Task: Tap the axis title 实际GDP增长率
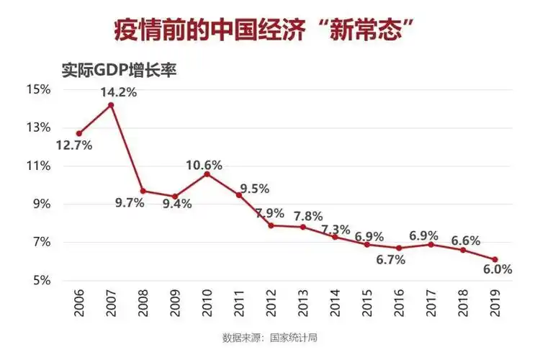(x=118, y=71)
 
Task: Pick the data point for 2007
(x=111, y=105)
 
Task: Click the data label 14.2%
(x=120, y=92)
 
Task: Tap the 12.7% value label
(x=74, y=145)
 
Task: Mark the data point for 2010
(x=207, y=174)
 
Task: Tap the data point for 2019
(x=495, y=260)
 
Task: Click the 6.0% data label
(x=497, y=270)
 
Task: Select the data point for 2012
(x=271, y=225)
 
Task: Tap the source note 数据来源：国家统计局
(x=270, y=337)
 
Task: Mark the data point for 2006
(x=78, y=133)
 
